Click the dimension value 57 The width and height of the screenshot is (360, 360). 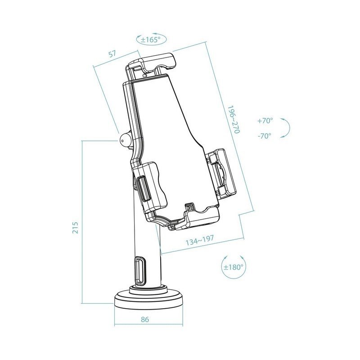click(112, 54)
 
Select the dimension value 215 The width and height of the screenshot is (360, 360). click(75, 227)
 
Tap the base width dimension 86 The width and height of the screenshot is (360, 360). click(145, 320)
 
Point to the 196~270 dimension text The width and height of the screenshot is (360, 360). click(234, 120)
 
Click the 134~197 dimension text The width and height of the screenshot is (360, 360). click(200, 242)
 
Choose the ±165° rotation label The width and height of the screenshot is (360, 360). click(151, 40)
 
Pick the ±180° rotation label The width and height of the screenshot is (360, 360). click(234, 266)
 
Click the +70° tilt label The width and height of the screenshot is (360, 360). click(265, 121)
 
